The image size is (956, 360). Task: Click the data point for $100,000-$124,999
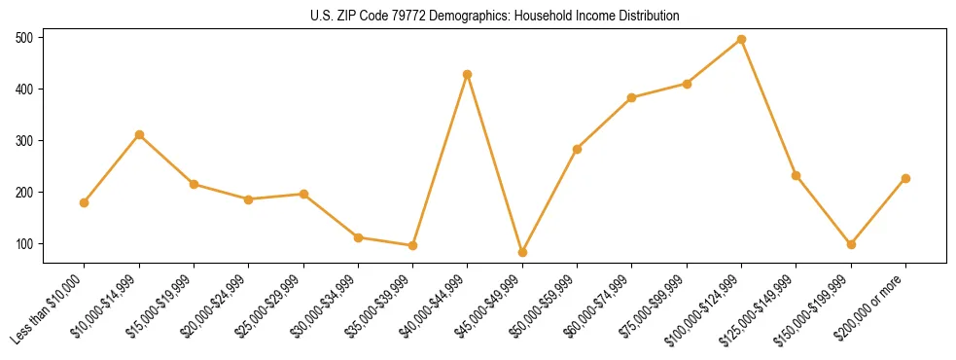(x=742, y=39)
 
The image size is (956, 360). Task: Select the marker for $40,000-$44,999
(x=468, y=74)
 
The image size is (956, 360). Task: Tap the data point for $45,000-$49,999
(x=522, y=252)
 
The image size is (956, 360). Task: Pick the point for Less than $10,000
(x=84, y=202)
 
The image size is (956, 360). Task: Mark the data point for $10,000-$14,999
(x=139, y=134)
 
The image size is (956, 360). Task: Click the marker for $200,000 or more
(x=906, y=178)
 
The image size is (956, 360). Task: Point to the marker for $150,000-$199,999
(x=851, y=244)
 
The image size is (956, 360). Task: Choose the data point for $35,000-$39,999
(x=412, y=245)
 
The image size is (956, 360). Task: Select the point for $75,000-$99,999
(x=687, y=84)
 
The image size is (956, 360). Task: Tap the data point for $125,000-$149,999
(x=797, y=175)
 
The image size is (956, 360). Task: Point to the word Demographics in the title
(x=439, y=17)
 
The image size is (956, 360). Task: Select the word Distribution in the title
(x=647, y=17)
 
